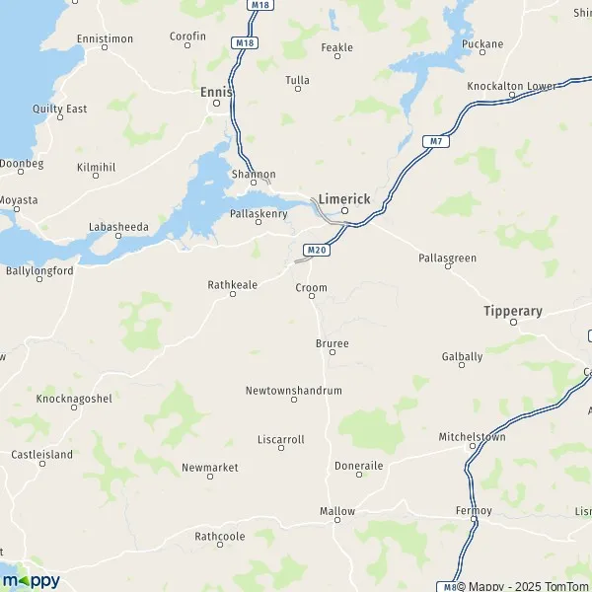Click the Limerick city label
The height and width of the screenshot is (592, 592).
[344, 198]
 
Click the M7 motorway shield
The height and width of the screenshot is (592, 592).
[434, 141]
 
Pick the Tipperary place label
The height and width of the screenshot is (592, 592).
[513, 311]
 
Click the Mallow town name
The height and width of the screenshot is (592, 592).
[336, 511]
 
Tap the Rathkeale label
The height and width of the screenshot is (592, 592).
[232, 284]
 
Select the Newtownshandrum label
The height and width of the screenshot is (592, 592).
[293, 391]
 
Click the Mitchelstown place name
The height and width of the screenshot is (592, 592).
[472, 435]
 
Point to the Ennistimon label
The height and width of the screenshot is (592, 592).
[105, 38]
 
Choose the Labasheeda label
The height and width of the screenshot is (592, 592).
[118, 226]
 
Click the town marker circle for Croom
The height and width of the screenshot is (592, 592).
[312, 300]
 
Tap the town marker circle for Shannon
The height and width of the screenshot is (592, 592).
[254, 184]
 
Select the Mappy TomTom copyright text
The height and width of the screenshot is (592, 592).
[529, 585]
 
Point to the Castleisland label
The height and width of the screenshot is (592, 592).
[41, 454]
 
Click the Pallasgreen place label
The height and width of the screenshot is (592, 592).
[447, 258]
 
